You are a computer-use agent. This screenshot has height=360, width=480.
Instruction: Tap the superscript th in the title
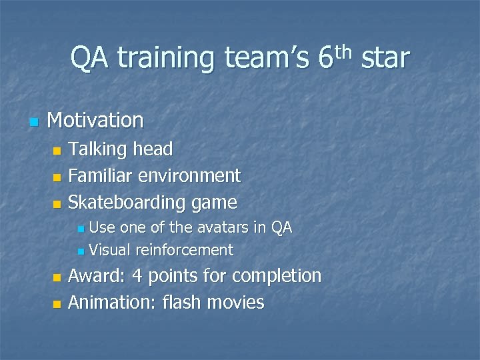(x=344, y=51)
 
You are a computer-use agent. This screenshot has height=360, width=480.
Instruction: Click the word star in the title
(x=385, y=59)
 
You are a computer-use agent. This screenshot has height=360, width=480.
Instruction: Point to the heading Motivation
(x=95, y=121)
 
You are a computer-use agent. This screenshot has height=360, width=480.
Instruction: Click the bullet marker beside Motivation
(x=33, y=122)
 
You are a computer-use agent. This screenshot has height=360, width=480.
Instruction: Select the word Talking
(x=98, y=150)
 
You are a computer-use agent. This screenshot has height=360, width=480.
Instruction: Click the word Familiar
(x=101, y=176)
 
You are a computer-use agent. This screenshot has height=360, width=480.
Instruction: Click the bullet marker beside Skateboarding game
(x=57, y=203)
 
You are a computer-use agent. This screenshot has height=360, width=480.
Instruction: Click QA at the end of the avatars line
(x=281, y=228)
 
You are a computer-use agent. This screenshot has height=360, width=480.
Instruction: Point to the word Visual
(x=110, y=251)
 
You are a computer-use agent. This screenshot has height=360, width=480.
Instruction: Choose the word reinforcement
(x=185, y=251)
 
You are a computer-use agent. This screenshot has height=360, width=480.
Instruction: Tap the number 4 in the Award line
(x=135, y=276)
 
